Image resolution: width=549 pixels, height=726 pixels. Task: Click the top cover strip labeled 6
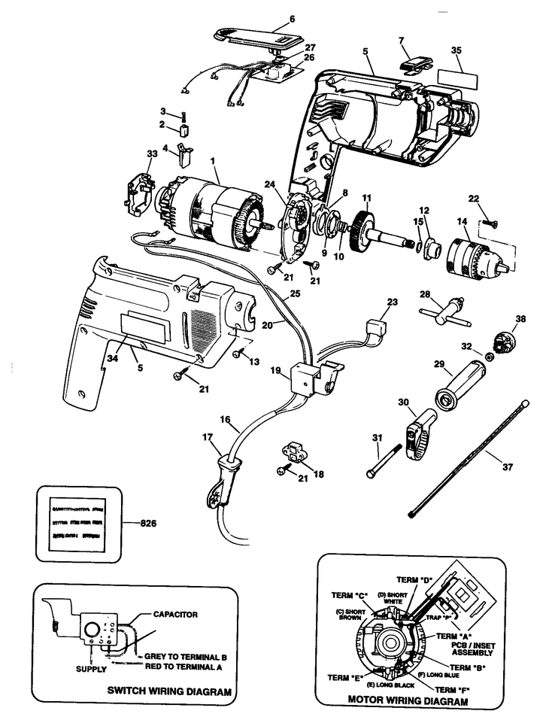[x=256, y=34]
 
